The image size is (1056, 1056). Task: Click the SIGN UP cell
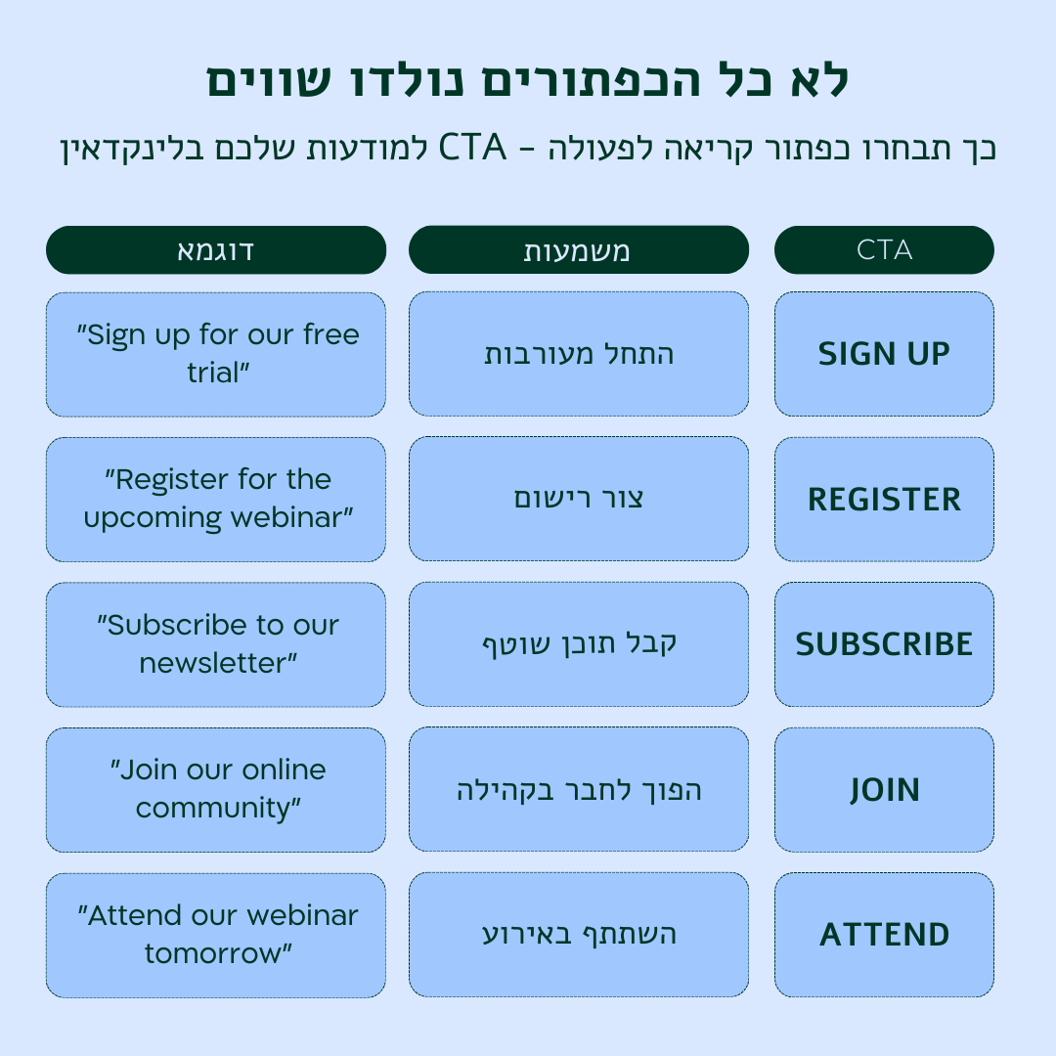[884, 354]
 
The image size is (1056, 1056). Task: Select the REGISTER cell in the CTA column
[884, 499]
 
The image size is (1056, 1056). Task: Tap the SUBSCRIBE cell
[884, 644]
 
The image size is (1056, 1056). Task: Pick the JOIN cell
[884, 789]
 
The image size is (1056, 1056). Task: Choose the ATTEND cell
[884, 935]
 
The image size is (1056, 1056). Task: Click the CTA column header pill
[884, 250]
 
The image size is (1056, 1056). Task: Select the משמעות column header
[578, 250]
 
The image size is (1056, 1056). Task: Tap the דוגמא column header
[216, 250]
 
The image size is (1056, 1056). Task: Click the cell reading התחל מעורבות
[578, 354]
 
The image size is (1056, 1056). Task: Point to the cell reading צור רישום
[578, 499]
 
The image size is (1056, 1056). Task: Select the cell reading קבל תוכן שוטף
[578, 644]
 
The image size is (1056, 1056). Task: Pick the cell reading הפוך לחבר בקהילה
[578, 789]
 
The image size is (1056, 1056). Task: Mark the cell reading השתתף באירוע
[578, 935]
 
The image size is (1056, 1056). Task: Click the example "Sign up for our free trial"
[216, 354]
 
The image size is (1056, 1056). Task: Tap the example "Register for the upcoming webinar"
[216, 499]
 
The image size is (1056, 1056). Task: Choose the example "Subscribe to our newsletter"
[216, 644]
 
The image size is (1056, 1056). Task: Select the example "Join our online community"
[216, 789]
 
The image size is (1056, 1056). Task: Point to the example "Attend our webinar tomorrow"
[216, 935]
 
